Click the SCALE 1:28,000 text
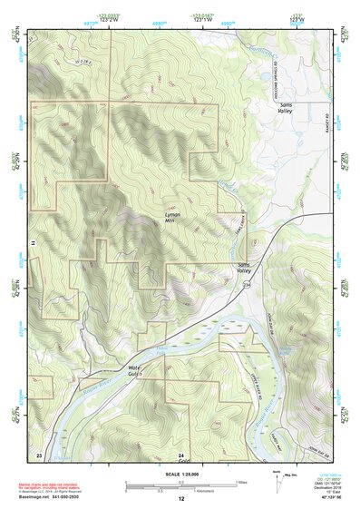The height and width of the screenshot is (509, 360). (180, 472)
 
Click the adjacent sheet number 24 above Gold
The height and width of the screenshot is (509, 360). (180, 454)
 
